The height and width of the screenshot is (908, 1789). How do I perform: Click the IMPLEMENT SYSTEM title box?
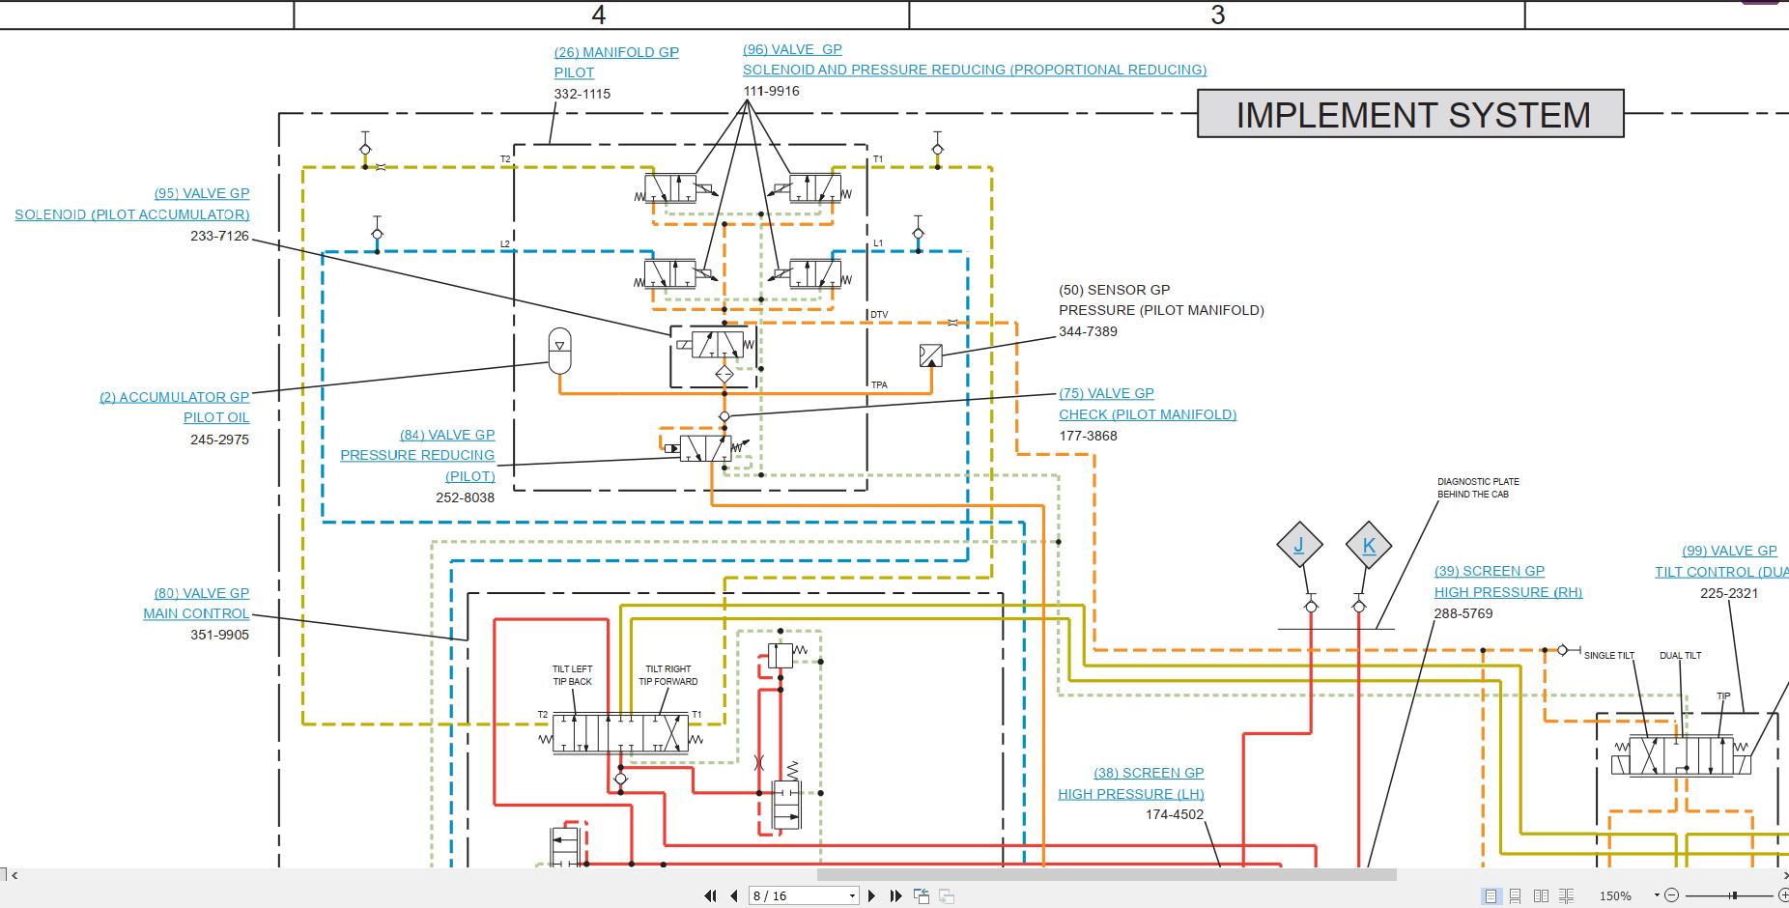tap(1410, 114)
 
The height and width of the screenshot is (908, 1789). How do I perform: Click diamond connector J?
tap(1298, 545)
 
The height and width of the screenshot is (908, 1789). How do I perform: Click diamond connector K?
tap(1368, 546)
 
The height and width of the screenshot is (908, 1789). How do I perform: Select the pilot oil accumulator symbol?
tap(559, 350)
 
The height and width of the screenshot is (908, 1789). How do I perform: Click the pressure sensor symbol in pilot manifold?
tap(930, 355)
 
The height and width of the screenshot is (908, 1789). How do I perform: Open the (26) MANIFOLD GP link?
tap(615, 52)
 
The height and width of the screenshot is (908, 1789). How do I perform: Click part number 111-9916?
tap(771, 91)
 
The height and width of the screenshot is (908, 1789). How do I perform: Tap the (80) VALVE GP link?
tap(201, 593)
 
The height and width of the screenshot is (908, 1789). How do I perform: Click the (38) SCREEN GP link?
tap(1148, 773)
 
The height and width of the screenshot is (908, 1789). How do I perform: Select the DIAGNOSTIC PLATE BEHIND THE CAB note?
tap(1477, 488)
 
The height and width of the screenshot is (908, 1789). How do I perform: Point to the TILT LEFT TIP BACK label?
tap(572, 675)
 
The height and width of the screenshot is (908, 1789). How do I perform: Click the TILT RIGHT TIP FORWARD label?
tap(667, 675)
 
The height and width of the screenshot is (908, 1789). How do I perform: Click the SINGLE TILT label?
tap(1608, 656)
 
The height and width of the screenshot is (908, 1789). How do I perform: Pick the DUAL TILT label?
tap(1680, 656)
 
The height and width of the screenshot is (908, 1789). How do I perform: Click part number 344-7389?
tap(1088, 331)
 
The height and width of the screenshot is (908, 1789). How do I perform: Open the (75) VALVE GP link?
tap(1106, 393)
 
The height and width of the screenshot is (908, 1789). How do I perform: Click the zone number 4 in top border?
tap(599, 14)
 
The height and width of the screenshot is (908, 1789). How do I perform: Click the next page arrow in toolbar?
tap(871, 895)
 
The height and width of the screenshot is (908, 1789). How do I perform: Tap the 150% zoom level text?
tap(1615, 895)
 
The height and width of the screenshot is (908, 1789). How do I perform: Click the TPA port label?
tap(879, 385)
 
